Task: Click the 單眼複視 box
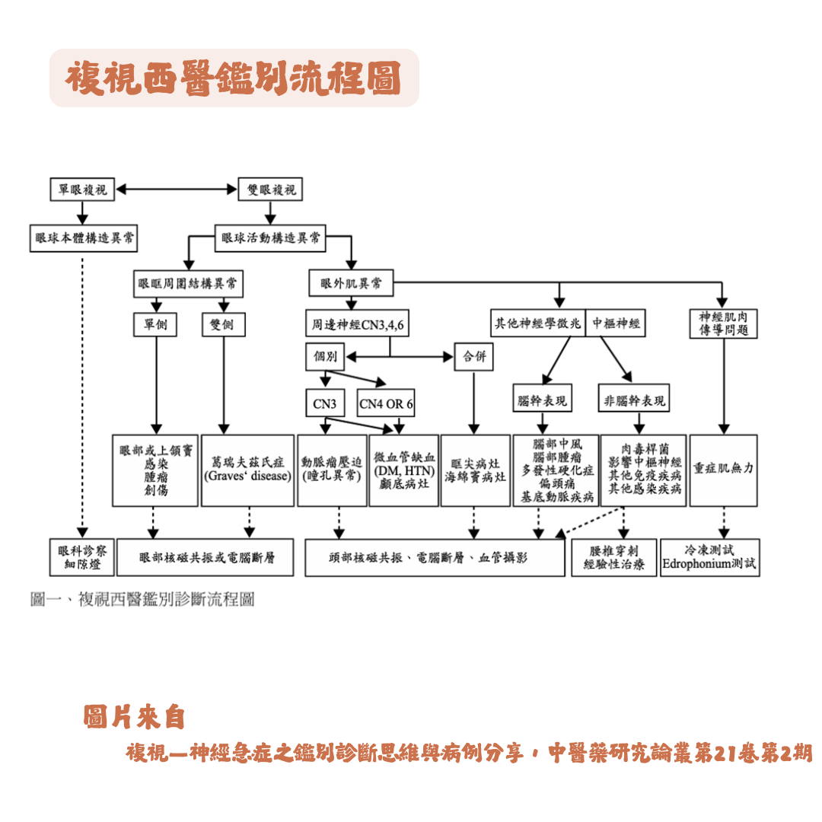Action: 81,189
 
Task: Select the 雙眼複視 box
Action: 269,189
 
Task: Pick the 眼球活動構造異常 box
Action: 270,237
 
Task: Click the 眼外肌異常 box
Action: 351,284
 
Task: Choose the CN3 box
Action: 325,403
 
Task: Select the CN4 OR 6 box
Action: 387,403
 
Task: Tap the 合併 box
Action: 473,356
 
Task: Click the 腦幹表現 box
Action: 542,400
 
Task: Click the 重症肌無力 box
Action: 723,470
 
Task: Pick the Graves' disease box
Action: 247,470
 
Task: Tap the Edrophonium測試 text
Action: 709,565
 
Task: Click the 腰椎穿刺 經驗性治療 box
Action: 613,557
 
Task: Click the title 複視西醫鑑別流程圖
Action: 234,78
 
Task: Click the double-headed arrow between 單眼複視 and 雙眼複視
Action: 177,189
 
